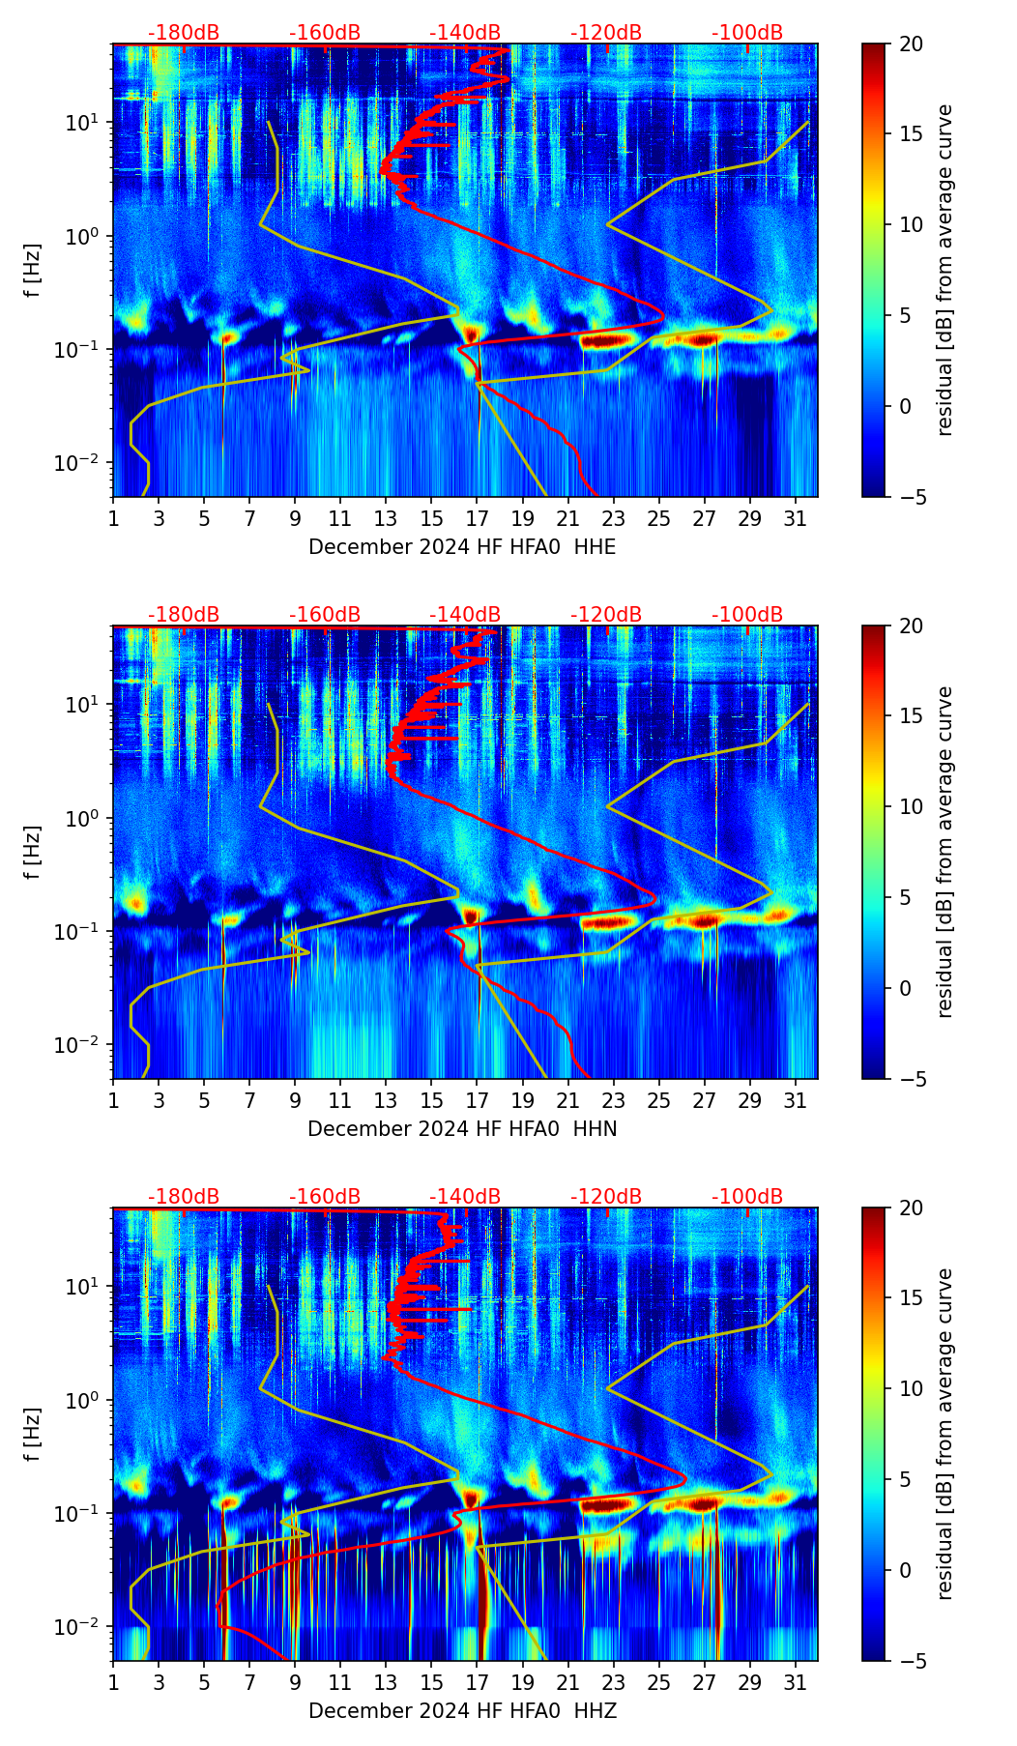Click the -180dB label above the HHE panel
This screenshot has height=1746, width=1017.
click(x=184, y=33)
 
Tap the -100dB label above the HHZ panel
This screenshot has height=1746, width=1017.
click(x=747, y=1197)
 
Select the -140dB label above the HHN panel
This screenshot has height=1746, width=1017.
click(x=465, y=615)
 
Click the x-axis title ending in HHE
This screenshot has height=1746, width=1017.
click(x=462, y=547)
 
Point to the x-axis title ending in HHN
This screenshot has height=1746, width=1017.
click(x=462, y=1129)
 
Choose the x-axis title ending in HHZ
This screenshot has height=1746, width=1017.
click(x=462, y=1711)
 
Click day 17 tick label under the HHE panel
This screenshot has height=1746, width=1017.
click(x=478, y=519)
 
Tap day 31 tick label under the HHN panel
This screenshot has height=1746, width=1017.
click(x=796, y=1101)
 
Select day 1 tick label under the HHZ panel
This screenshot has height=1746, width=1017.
click(x=113, y=1683)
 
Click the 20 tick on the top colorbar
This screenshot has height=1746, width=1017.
click(x=911, y=44)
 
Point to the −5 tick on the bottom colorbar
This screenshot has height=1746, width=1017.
click(x=909, y=1661)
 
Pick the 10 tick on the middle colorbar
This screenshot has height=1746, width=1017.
click(x=911, y=806)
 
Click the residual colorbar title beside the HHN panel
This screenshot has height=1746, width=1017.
click(x=945, y=852)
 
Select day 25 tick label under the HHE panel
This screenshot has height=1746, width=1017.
click(x=659, y=519)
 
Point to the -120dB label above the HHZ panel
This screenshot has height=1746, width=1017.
click(x=606, y=1197)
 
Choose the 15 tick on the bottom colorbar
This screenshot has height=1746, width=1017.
click(x=911, y=1298)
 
